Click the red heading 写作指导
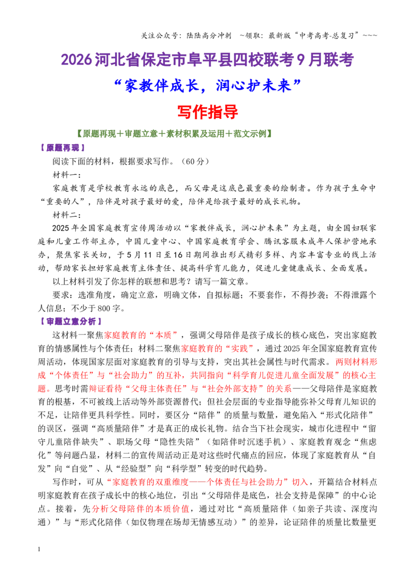click(x=208, y=112)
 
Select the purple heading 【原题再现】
click(x=63, y=148)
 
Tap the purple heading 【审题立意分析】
click(x=71, y=322)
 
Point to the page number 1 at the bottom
click(x=39, y=549)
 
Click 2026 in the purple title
click(x=76, y=60)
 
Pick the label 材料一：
click(x=67, y=175)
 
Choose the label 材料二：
click(x=67, y=215)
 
